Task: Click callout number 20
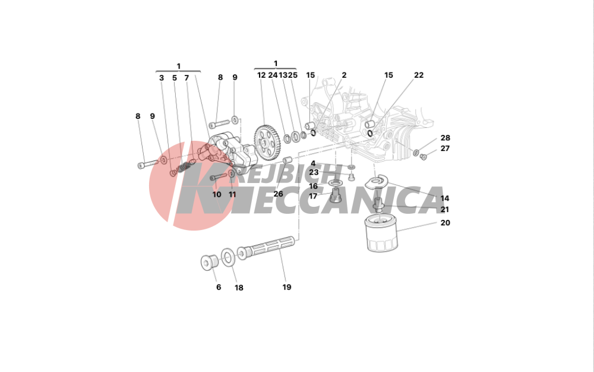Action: coord(445,223)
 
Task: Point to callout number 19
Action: coord(287,288)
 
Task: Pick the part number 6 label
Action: coord(218,288)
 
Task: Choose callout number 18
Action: coord(239,288)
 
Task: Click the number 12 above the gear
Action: coord(262,75)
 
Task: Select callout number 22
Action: coord(419,75)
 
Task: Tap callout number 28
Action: coord(445,138)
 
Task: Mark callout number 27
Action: coord(445,149)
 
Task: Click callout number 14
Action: coord(445,198)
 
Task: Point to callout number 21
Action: coord(445,210)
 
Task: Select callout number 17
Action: coord(313,197)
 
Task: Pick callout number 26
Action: coord(279,194)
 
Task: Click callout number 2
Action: coord(344,75)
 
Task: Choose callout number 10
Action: coord(217,194)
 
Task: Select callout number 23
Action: coord(314,173)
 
